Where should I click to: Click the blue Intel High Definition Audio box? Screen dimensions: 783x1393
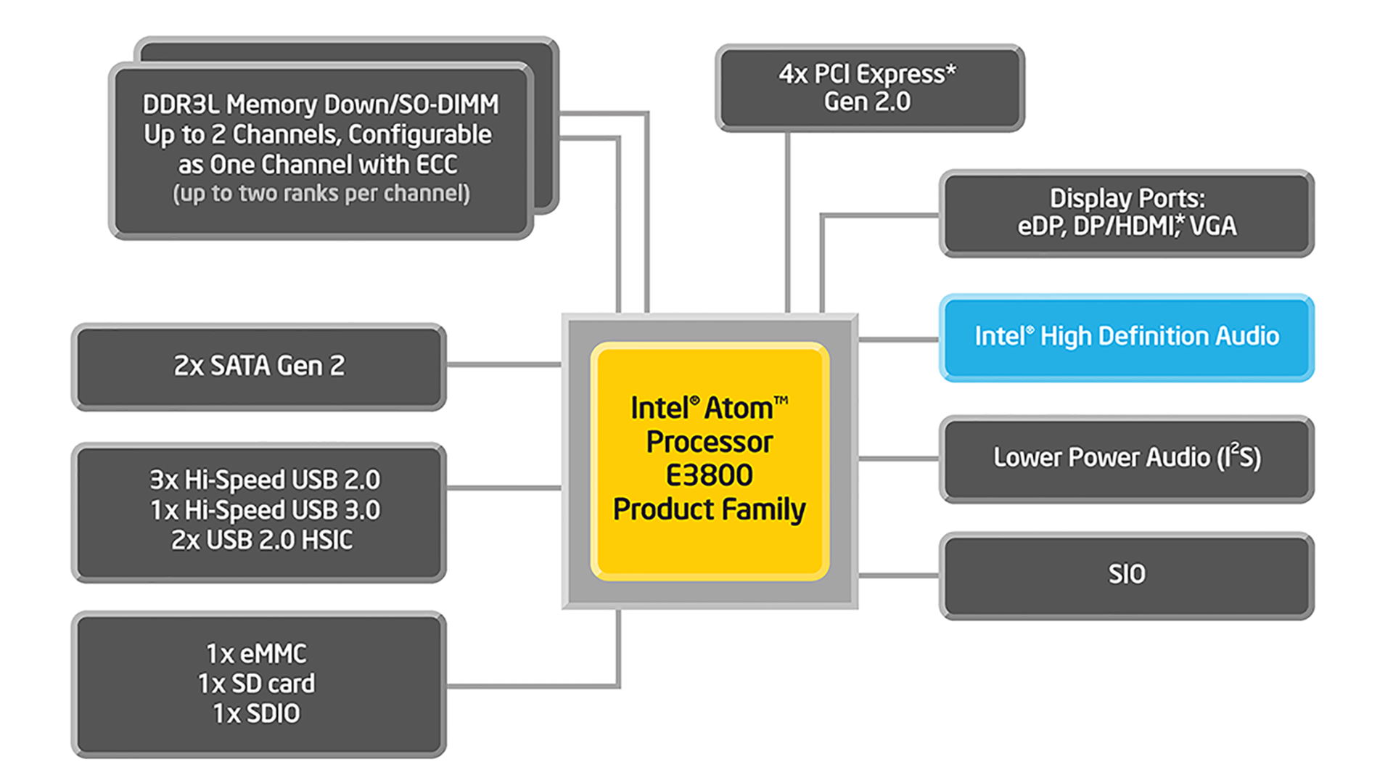tap(1126, 337)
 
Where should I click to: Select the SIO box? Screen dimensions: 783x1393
tap(1126, 575)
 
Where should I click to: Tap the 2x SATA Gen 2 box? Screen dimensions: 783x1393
tap(259, 366)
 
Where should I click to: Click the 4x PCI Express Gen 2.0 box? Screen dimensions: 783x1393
tap(868, 88)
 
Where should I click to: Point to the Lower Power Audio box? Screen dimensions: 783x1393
tap(1126, 458)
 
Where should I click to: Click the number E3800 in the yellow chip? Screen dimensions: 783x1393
tap(709, 476)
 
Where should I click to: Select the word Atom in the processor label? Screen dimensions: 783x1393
tap(738, 409)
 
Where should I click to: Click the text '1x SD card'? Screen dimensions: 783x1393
tap(257, 684)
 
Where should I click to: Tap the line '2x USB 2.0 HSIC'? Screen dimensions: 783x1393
tap(262, 541)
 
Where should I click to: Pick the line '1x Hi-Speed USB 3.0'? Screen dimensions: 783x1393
tap(265, 510)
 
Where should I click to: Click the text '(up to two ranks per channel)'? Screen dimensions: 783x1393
tap(321, 194)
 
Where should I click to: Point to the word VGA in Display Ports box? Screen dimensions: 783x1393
tap(1212, 226)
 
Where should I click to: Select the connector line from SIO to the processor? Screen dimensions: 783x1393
tap(898, 575)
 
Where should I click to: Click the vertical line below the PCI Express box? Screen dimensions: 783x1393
tap(787, 218)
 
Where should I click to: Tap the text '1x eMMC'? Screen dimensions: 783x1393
tap(256, 654)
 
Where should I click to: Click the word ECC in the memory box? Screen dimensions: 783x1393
tap(436, 165)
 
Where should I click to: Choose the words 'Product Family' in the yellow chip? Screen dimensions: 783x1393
tap(709, 509)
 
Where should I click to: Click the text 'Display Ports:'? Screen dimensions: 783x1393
tap(1126, 199)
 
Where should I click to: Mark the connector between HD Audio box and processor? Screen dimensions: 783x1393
tap(898, 339)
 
